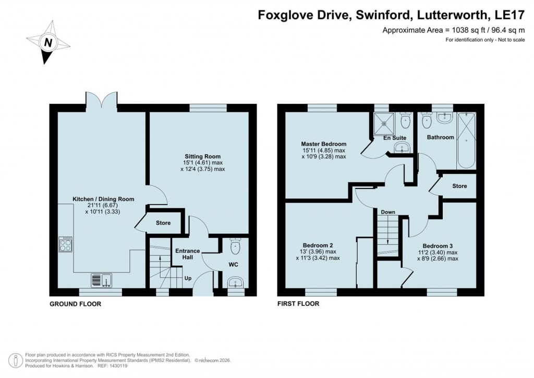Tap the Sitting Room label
click(x=202, y=156)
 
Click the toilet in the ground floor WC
click(x=235, y=246)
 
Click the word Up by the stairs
click(x=188, y=278)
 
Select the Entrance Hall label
click(x=187, y=255)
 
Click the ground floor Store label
click(x=163, y=223)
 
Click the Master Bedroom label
click(x=323, y=144)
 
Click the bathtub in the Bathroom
click(x=466, y=139)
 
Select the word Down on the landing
click(x=388, y=212)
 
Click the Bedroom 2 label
click(x=318, y=245)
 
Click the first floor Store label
click(x=459, y=186)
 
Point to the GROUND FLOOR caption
click(x=75, y=304)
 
